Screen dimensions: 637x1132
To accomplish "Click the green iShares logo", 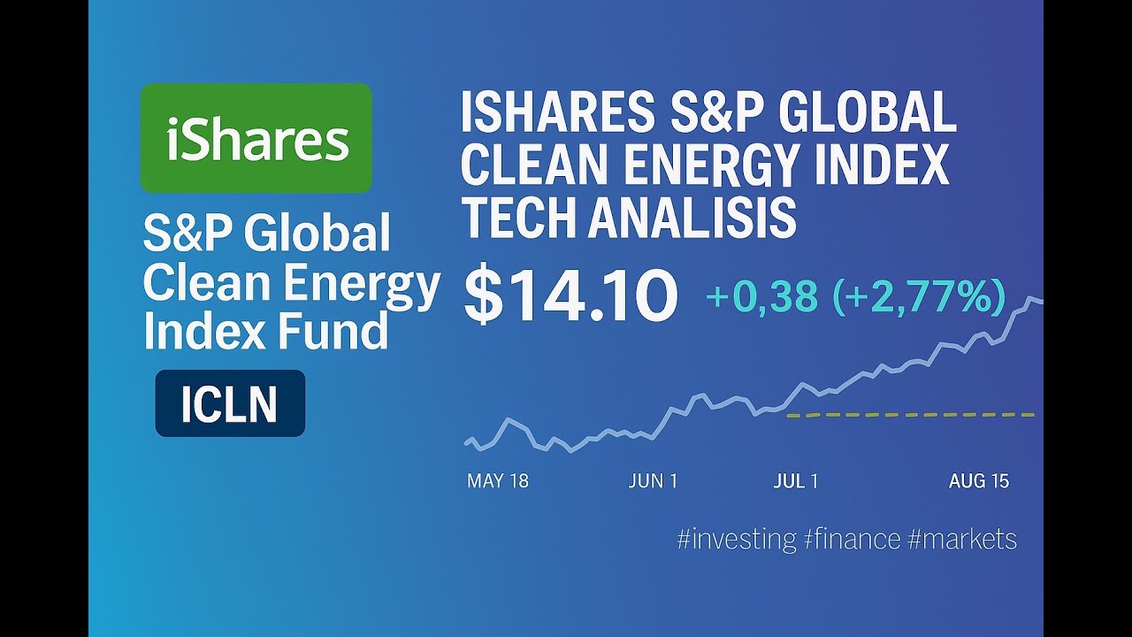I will coord(256,138).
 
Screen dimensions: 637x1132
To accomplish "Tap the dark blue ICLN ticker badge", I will coord(230,403).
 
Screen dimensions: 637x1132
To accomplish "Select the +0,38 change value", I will coord(761,297).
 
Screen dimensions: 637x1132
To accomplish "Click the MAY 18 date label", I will coord(497,481).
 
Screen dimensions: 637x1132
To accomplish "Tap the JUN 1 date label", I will coord(653,481).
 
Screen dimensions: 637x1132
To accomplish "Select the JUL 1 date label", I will coord(795,481).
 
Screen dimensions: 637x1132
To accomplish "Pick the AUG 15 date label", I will coord(979,481).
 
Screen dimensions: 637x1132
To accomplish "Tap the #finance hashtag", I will coord(852,539).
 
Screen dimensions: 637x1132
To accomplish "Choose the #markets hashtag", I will coord(962,539).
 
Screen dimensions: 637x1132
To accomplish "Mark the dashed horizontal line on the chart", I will coord(911,414).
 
